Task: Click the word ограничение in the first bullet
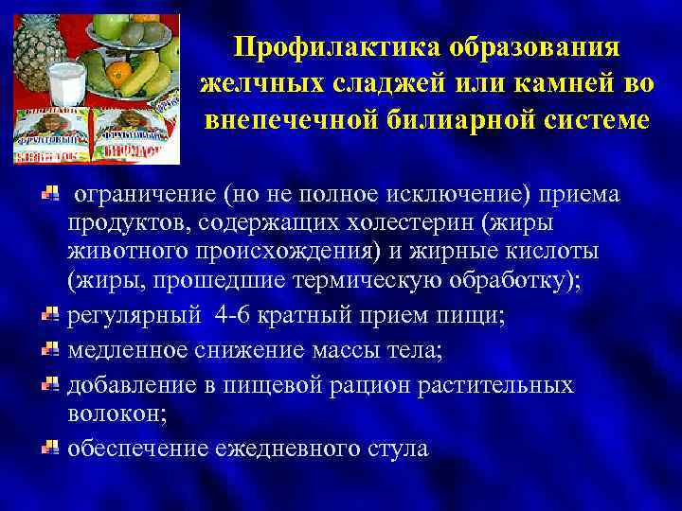coord(143,194)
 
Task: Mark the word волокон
coord(109,414)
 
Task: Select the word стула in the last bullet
coord(397,448)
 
